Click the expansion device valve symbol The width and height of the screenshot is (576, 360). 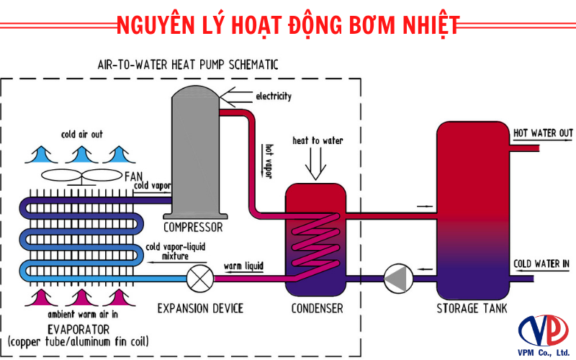coord(199,277)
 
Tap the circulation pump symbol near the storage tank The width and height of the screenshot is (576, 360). coord(396,277)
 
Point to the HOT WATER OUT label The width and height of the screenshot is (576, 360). coord(542,133)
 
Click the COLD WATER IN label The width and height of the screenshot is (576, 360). coord(541,264)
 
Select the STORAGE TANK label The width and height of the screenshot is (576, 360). coord(472,308)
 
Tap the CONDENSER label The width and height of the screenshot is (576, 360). coord(317,308)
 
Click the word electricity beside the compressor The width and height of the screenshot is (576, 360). coord(274,96)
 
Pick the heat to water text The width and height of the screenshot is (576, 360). coord(318,139)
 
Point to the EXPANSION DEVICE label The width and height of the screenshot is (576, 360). coord(200,308)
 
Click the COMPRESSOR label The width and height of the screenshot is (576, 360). coord(193,228)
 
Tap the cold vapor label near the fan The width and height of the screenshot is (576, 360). coord(152,186)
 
